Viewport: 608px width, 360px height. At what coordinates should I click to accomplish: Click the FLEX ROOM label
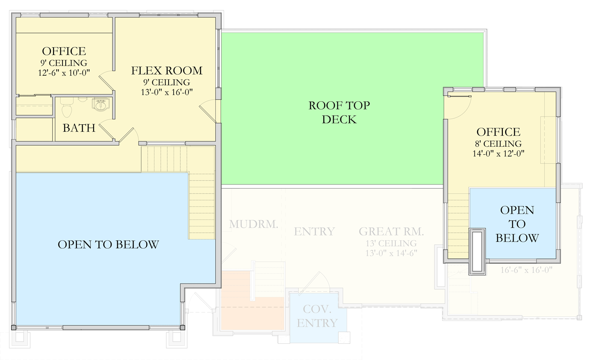click(166, 71)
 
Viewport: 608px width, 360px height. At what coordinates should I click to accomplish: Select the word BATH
click(79, 128)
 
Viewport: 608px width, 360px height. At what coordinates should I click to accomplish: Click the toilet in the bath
click(67, 108)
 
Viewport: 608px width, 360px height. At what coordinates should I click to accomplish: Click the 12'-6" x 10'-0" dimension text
click(63, 72)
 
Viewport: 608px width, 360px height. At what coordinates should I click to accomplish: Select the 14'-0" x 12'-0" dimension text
click(498, 153)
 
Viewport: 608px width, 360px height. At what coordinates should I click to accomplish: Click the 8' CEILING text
click(498, 144)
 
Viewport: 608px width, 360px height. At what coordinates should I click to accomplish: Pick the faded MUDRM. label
click(253, 224)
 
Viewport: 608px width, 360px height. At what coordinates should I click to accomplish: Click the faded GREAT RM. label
click(391, 232)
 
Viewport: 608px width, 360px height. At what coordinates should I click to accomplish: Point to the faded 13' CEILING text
click(391, 243)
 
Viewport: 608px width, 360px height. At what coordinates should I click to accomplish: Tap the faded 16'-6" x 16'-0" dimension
click(526, 270)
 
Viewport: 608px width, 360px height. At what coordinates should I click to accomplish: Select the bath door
click(105, 130)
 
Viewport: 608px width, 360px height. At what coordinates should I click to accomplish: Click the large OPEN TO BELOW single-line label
click(108, 244)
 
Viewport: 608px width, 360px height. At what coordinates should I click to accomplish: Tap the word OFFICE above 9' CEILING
click(63, 51)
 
